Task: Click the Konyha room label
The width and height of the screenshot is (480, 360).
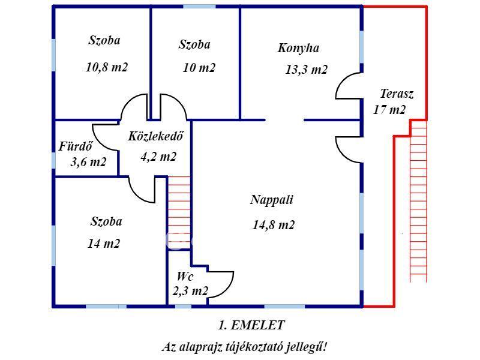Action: click(298, 49)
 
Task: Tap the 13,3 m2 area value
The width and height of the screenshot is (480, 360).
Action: click(306, 70)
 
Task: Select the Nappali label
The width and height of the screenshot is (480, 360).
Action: click(272, 200)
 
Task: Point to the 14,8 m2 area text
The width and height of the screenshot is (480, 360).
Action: click(274, 225)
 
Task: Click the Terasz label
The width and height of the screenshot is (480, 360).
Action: click(397, 94)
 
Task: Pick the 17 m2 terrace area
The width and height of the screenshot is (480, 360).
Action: click(389, 110)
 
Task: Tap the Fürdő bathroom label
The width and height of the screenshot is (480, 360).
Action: click(75, 146)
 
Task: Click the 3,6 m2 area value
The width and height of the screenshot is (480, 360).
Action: click(88, 162)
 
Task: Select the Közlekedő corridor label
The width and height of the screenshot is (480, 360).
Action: click(155, 136)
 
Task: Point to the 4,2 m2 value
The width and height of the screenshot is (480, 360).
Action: click(158, 157)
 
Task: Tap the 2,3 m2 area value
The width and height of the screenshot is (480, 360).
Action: click(190, 292)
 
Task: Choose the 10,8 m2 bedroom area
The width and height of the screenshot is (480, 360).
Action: click(107, 67)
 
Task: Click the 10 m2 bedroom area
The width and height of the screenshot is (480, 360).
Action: click(199, 68)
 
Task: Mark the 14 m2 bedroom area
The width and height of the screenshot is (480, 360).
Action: click(103, 244)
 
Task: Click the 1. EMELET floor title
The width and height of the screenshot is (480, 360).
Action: click(251, 325)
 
